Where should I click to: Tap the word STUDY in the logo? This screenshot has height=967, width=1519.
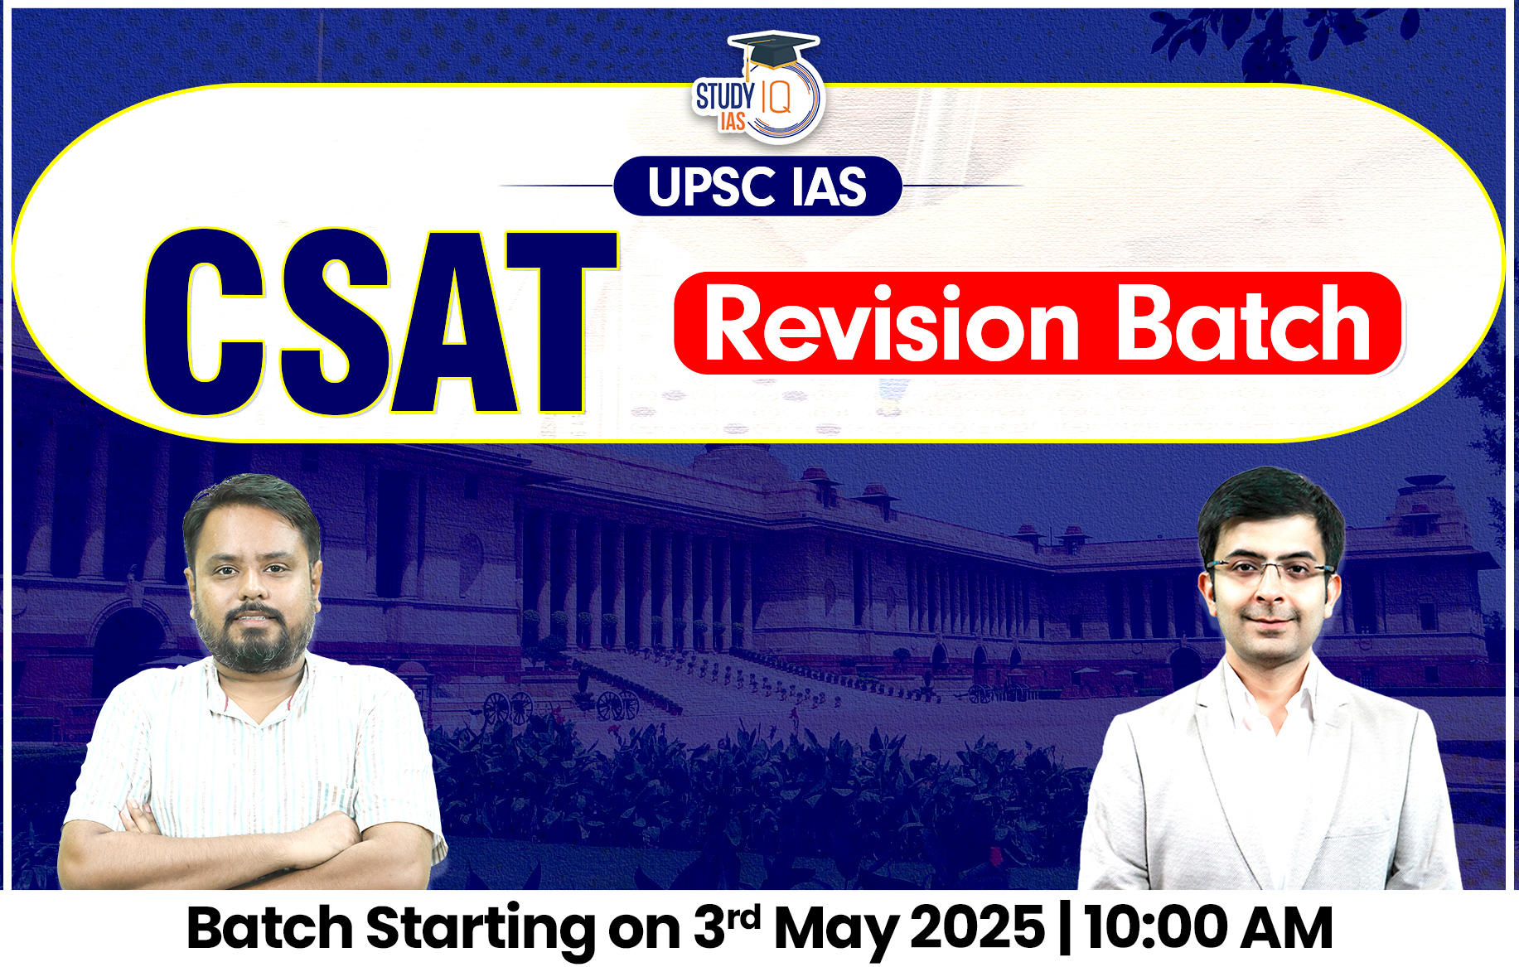point(724,96)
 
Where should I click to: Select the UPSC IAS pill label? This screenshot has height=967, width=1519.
point(757,186)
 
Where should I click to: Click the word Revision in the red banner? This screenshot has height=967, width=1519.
point(891,325)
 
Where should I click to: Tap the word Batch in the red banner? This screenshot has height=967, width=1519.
point(1244,325)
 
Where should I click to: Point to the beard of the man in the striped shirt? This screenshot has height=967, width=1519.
point(253,642)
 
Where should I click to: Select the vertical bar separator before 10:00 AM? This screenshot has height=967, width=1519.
point(1065,927)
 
